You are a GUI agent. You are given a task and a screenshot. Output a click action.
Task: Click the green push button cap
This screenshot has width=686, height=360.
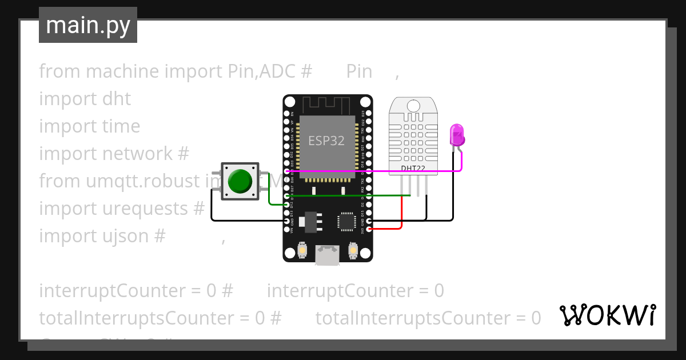[240, 180]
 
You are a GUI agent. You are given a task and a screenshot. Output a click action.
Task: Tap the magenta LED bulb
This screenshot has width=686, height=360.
[457, 135]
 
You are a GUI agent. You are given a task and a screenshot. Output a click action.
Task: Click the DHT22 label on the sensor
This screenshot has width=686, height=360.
[413, 168]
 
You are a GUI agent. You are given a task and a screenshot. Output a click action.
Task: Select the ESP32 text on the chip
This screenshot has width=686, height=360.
[326, 141]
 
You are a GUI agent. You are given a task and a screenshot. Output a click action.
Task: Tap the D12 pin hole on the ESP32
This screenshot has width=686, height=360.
[287, 204]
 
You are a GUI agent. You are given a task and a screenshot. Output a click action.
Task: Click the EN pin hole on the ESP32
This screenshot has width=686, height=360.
[287, 113]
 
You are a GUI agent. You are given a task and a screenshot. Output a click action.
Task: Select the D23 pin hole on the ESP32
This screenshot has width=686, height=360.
[369, 113]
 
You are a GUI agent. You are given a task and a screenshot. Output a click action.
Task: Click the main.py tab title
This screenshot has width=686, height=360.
[88, 25]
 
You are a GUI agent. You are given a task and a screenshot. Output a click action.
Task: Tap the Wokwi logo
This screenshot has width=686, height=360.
[608, 315]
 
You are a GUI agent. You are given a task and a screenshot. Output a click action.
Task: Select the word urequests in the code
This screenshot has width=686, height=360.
[134, 209]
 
